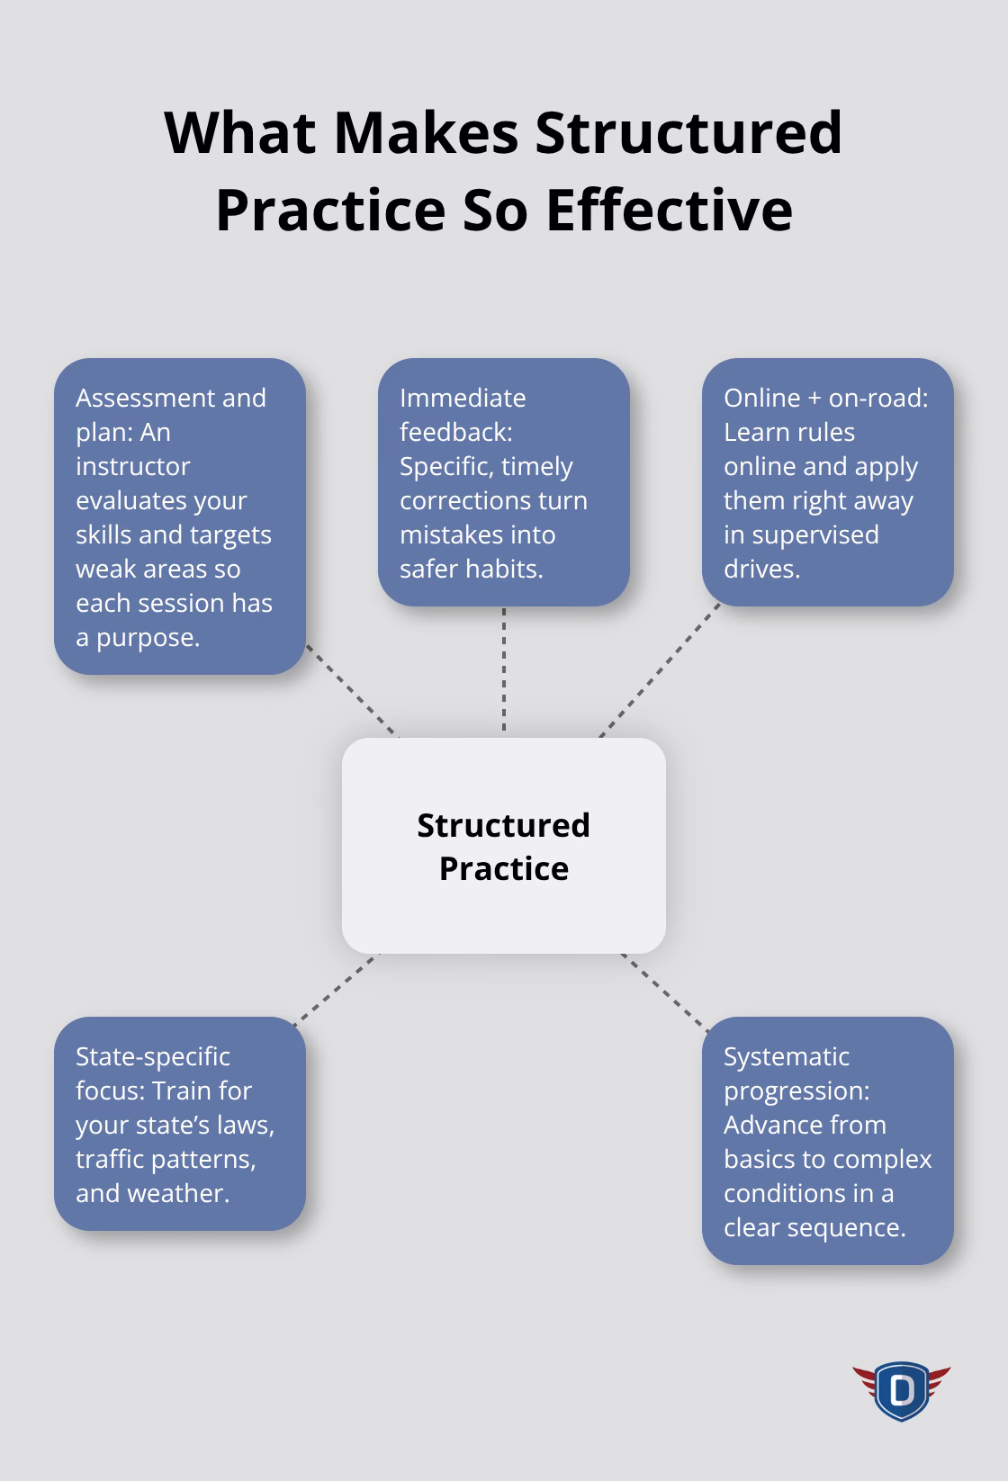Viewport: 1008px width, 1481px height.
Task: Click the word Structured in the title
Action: pyautogui.click(x=688, y=133)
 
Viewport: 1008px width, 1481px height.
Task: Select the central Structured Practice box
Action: pyautogui.click(x=503, y=846)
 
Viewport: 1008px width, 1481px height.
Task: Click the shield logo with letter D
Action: pyautogui.click(x=901, y=1390)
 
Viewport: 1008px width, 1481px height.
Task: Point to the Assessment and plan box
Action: pyautogui.click(x=180, y=516)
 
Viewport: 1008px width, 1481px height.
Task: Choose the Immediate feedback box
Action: pyautogui.click(x=503, y=482)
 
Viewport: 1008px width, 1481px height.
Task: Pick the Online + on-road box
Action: pyautogui.click(x=827, y=482)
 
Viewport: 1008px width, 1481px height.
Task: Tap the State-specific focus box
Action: pyautogui.click(x=180, y=1124)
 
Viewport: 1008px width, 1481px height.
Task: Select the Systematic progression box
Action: pyautogui.click(x=827, y=1141)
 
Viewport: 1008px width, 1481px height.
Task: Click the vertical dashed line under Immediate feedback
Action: pyautogui.click(x=503, y=670)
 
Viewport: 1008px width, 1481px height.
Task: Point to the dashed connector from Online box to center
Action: pyautogui.click(x=660, y=670)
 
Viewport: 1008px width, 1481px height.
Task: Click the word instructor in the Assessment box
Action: pyautogui.click(x=133, y=466)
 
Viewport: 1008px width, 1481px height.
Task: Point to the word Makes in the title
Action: pyautogui.click(x=426, y=133)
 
